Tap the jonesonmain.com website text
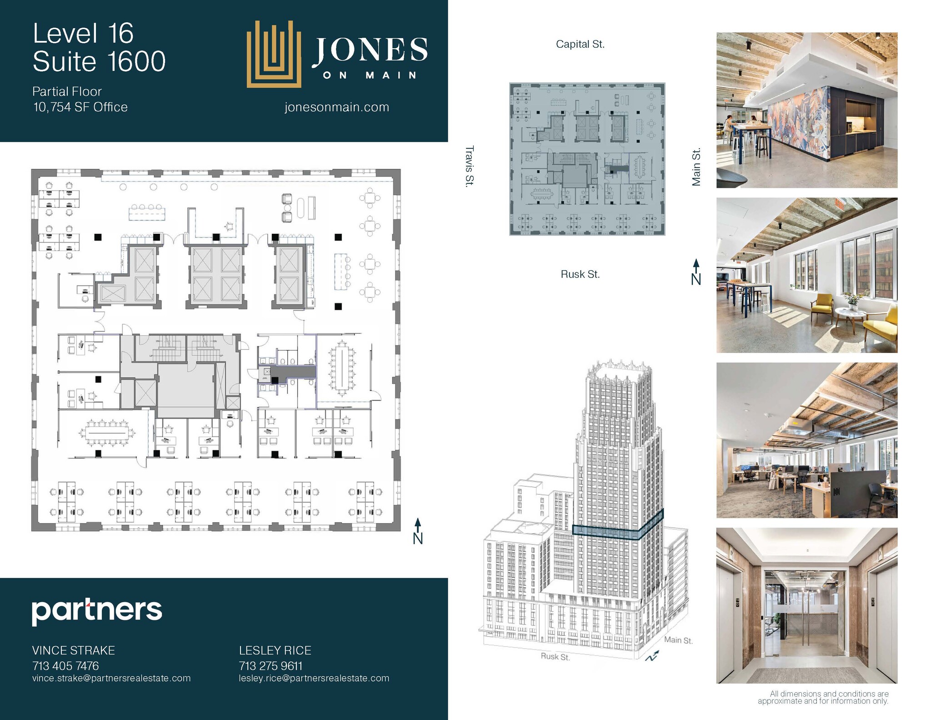(x=337, y=107)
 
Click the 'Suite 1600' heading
(x=99, y=61)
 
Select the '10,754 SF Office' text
(x=80, y=107)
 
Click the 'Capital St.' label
(x=580, y=45)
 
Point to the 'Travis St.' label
(x=470, y=166)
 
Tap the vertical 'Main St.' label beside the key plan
(x=696, y=167)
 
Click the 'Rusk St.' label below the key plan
(x=580, y=274)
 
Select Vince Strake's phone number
(x=65, y=666)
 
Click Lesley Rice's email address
(x=314, y=678)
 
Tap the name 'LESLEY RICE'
(x=275, y=650)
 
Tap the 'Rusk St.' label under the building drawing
(x=555, y=657)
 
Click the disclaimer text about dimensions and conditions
(x=823, y=697)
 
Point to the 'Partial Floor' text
(x=67, y=91)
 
